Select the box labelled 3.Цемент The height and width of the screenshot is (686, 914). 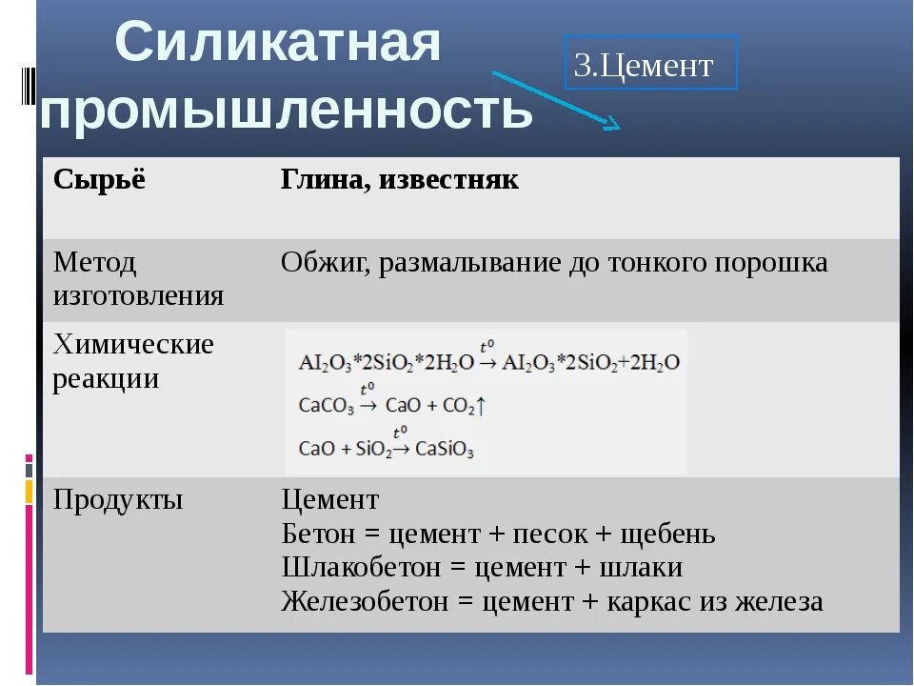coord(650,63)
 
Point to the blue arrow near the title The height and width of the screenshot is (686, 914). coord(556,98)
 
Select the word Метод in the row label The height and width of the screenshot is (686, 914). coord(95,261)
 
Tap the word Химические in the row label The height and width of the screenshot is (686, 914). coord(133,344)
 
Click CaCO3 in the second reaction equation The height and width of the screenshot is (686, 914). coord(326,406)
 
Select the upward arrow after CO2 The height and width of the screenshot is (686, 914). coord(482,406)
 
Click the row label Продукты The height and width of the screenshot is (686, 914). coord(118,499)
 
